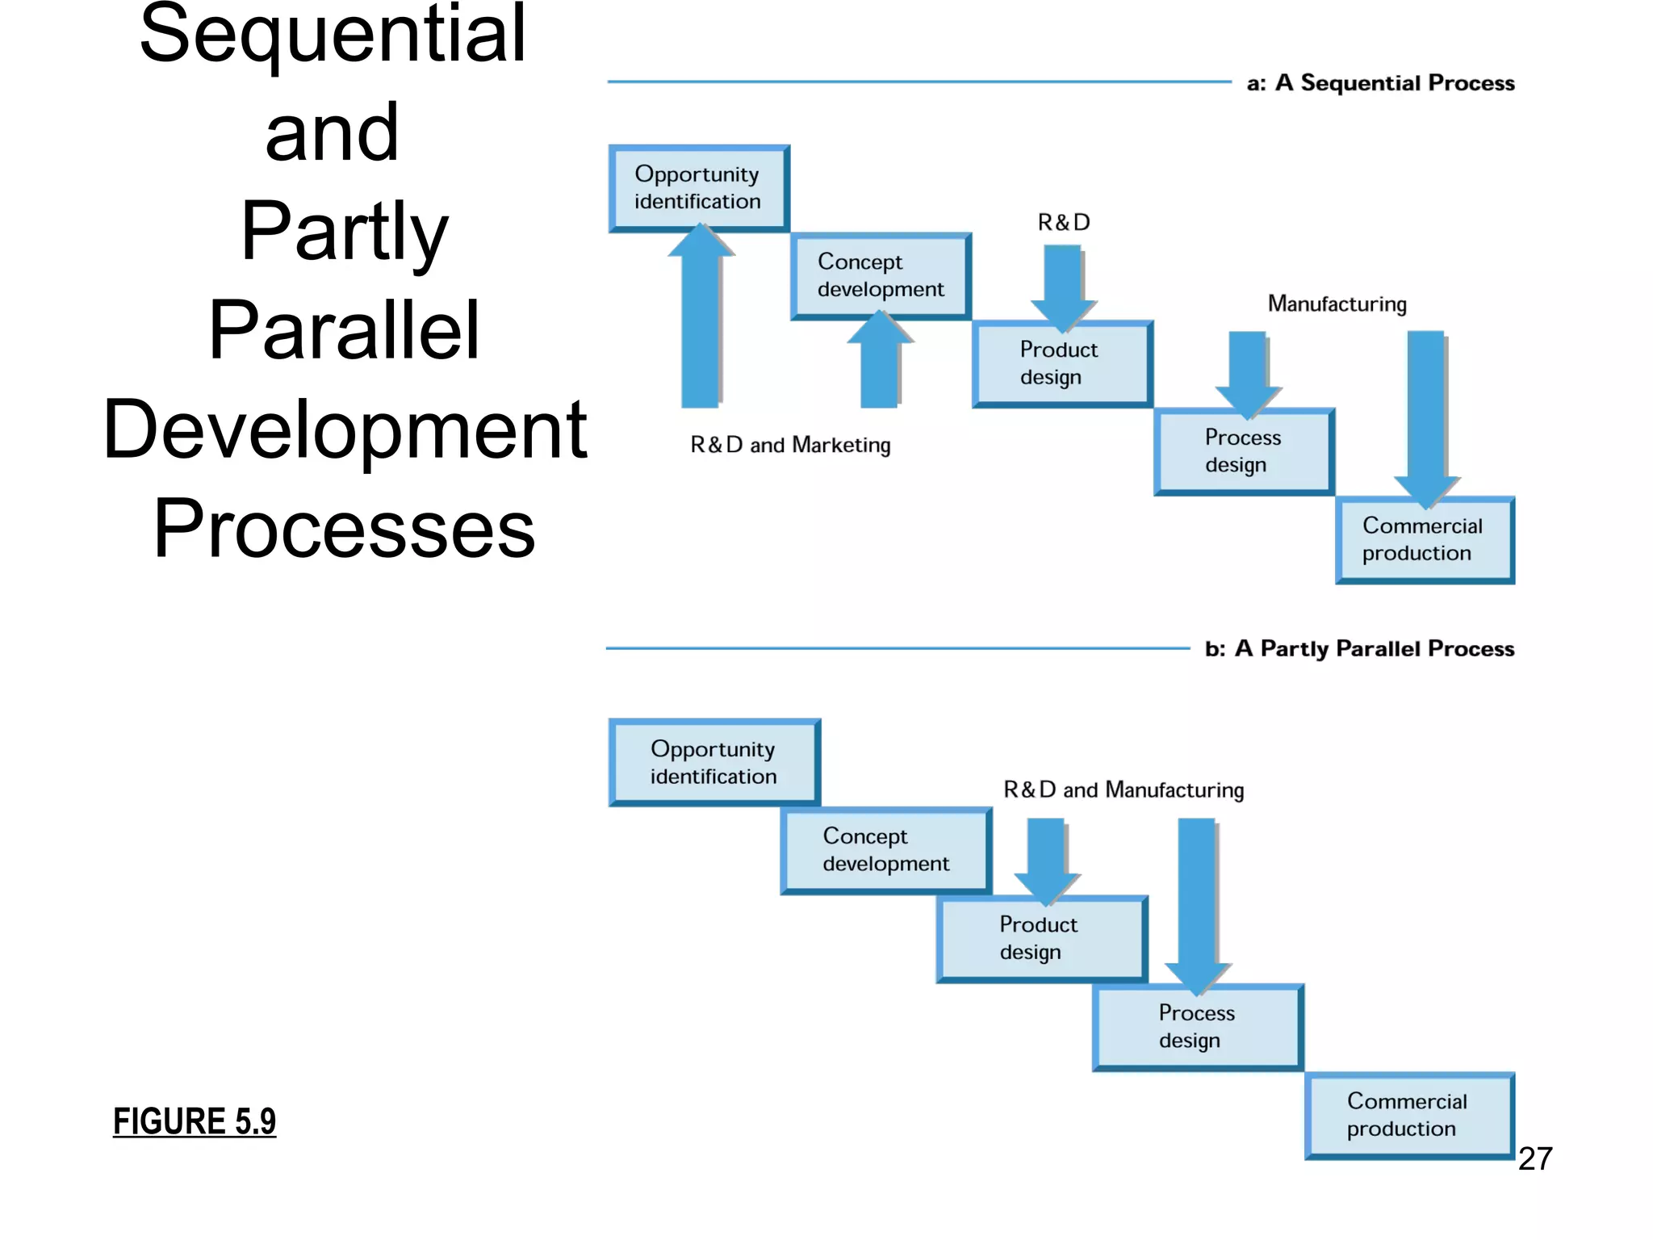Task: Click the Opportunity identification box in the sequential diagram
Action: pos(699,188)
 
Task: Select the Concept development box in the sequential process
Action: pos(881,276)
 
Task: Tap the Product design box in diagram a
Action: pos(1062,364)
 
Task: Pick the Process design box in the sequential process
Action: pos(1244,452)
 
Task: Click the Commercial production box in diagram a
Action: pos(1425,540)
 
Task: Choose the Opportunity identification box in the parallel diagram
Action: pos(714,763)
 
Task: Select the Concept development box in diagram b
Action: pos(886,851)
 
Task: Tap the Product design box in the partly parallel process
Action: pos(1042,939)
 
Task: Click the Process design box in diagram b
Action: pos(1198,1027)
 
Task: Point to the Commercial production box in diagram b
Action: pos(1409,1116)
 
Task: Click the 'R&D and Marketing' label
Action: pos(790,445)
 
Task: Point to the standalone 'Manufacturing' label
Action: pos(1337,304)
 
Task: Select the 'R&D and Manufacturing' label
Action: pos(1124,790)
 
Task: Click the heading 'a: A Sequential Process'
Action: pos(1380,83)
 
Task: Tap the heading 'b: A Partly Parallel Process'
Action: pos(1359,649)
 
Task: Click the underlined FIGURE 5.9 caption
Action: pos(195,1121)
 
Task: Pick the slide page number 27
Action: pos(1535,1158)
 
